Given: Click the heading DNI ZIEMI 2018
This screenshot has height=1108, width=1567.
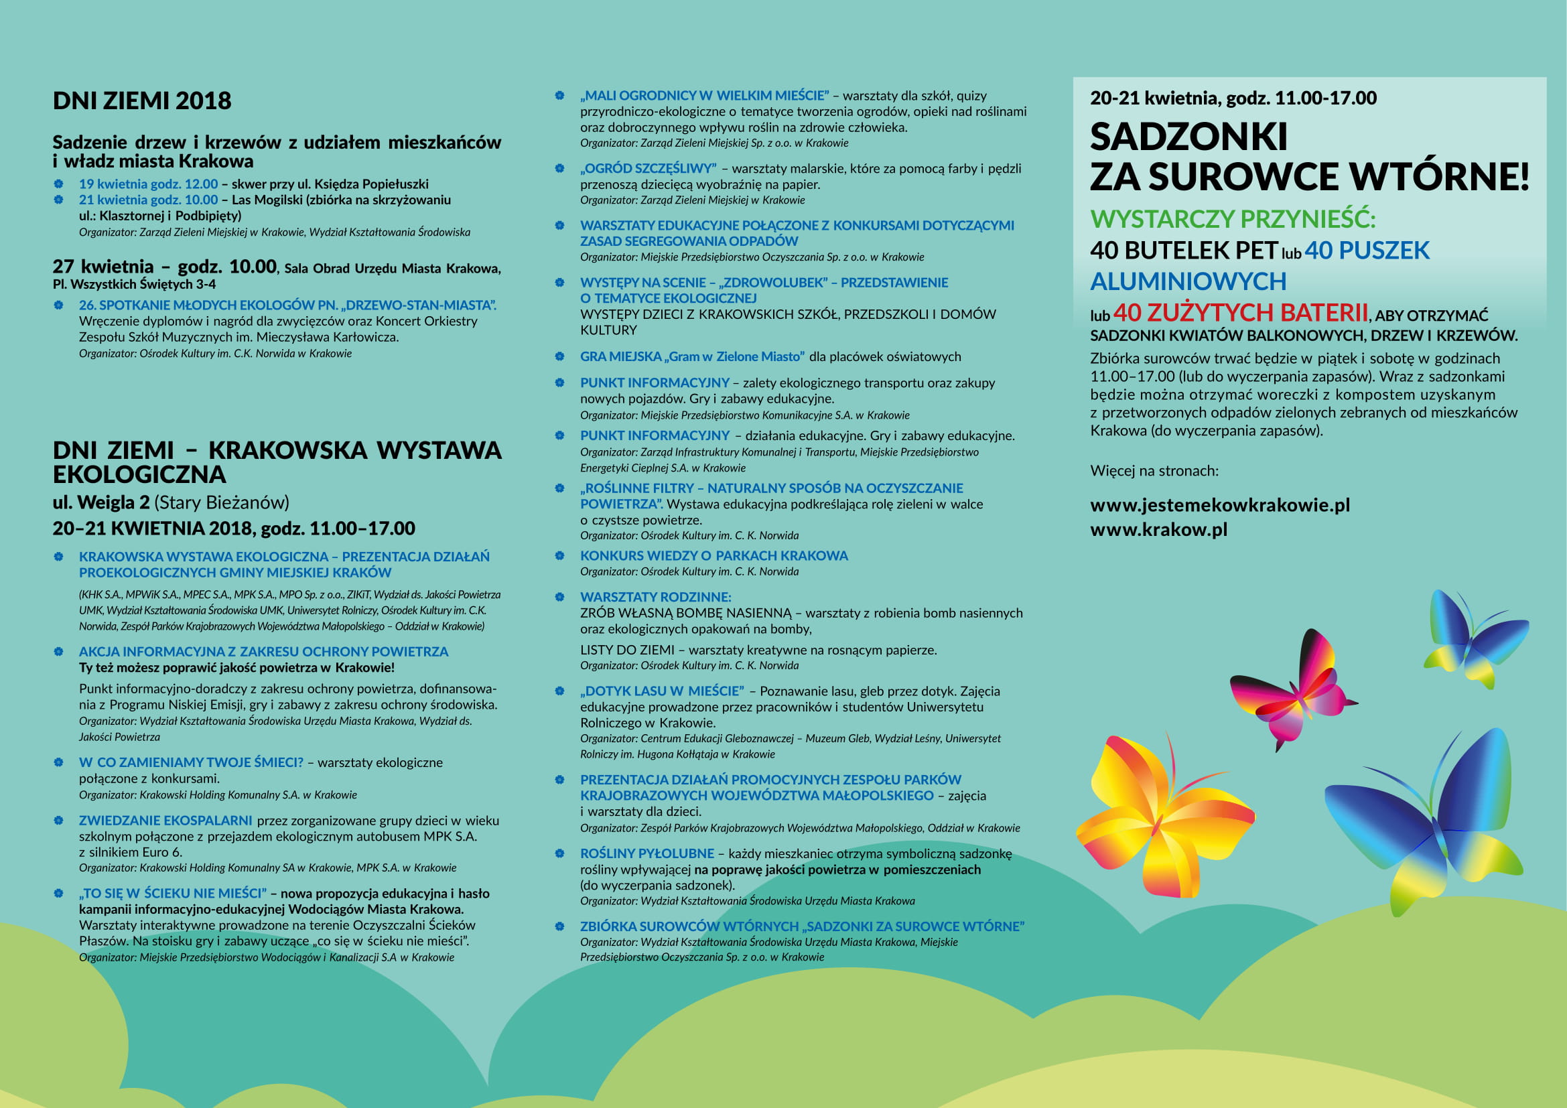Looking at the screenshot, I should click(x=142, y=101).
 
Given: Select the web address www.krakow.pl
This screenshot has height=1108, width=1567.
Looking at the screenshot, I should click(x=1158, y=529).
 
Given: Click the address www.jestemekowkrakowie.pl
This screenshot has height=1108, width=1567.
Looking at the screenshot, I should click(x=1219, y=505).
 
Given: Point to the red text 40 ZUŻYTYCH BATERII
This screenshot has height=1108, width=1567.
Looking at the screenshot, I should click(x=1240, y=312).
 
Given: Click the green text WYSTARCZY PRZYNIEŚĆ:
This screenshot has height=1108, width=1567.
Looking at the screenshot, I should click(x=1233, y=219).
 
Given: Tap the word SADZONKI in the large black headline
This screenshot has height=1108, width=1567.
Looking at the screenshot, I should click(x=1188, y=137).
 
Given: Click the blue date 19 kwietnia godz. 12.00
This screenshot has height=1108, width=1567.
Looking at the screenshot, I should click(x=148, y=184).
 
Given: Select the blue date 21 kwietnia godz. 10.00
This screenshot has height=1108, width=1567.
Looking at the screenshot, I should click(x=148, y=200).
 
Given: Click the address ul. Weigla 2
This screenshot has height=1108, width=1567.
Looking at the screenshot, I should click(x=101, y=503).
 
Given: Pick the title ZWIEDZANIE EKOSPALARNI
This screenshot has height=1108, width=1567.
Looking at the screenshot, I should click(x=165, y=820).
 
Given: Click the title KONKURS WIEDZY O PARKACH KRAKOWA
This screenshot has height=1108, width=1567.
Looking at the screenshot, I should click(x=714, y=555).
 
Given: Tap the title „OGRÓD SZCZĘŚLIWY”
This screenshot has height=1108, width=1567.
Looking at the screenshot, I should click(x=648, y=169).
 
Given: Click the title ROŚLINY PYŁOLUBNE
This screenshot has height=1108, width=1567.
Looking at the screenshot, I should click(x=646, y=853).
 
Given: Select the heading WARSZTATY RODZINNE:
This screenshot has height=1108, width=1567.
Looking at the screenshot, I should click(x=655, y=597).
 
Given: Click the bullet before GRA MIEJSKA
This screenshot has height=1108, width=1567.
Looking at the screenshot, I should click(x=559, y=356).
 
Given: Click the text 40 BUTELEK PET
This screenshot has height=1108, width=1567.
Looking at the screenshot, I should click(x=1183, y=251).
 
